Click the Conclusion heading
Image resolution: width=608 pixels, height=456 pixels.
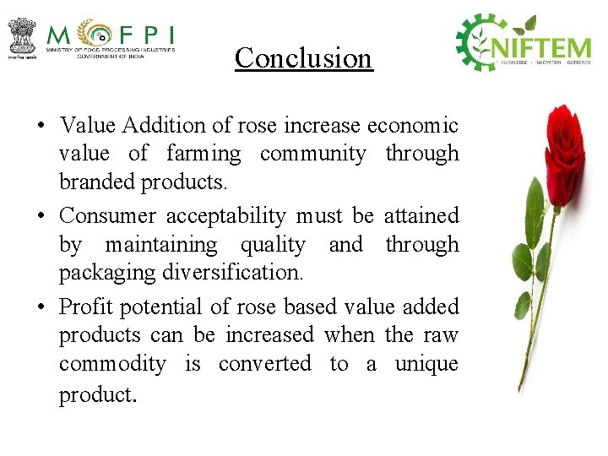pos(303,57)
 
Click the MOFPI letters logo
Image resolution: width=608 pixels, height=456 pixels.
pos(110,35)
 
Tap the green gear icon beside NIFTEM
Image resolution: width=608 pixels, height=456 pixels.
pos(479,41)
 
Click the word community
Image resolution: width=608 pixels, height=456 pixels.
pos(312,154)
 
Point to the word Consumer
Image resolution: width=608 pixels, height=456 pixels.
pos(107,216)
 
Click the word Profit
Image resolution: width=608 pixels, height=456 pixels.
pos(87,307)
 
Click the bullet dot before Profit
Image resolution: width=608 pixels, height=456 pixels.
pos(41,307)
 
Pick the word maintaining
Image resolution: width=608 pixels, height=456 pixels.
pos(160,245)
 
